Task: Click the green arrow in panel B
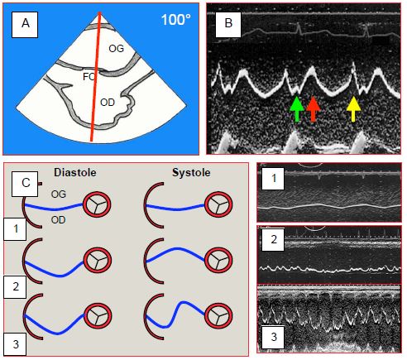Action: click(297, 109)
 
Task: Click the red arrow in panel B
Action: click(313, 109)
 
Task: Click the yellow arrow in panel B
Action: click(353, 109)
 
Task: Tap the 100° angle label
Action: click(175, 20)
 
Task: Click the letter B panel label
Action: click(228, 23)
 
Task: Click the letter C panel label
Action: click(25, 183)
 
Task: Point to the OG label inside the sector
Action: click(117, 49)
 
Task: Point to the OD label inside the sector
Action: click(108, 103)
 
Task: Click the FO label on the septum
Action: click(89, 77)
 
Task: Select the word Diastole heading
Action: click(75, 173)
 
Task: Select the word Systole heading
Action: click(191, 173)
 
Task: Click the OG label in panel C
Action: click(59, 194)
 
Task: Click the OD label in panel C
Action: click(59, 220)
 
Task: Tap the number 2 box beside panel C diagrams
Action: click(15, 286)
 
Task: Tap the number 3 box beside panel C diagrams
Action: click(15, 344)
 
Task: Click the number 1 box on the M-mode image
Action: click(273, 178)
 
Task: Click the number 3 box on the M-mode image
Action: click(273, 337)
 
